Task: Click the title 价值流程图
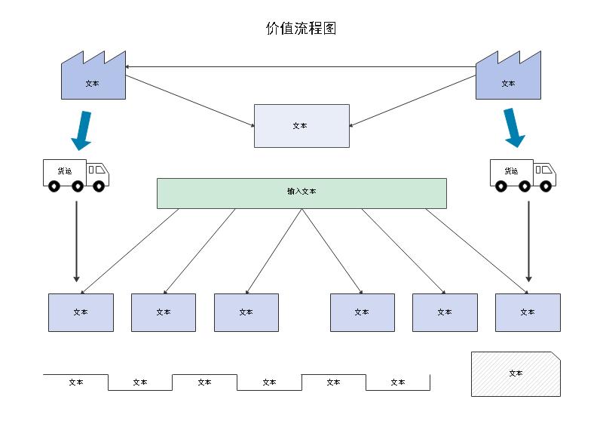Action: (301, 29)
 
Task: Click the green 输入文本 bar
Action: (301, 192)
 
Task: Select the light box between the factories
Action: (301, 125)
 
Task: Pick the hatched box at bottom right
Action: (516, 373)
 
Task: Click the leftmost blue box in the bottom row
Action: (81, 312)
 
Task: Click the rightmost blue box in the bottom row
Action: (528, 312)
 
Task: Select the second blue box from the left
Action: (164, 312)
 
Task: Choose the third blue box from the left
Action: (246, 312)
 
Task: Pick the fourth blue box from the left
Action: (362, 312)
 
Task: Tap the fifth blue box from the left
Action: (445, 312)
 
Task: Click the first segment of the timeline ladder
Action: (75, 382)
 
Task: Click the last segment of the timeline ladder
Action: (398, 382)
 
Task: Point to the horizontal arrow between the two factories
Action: (301, 67)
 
